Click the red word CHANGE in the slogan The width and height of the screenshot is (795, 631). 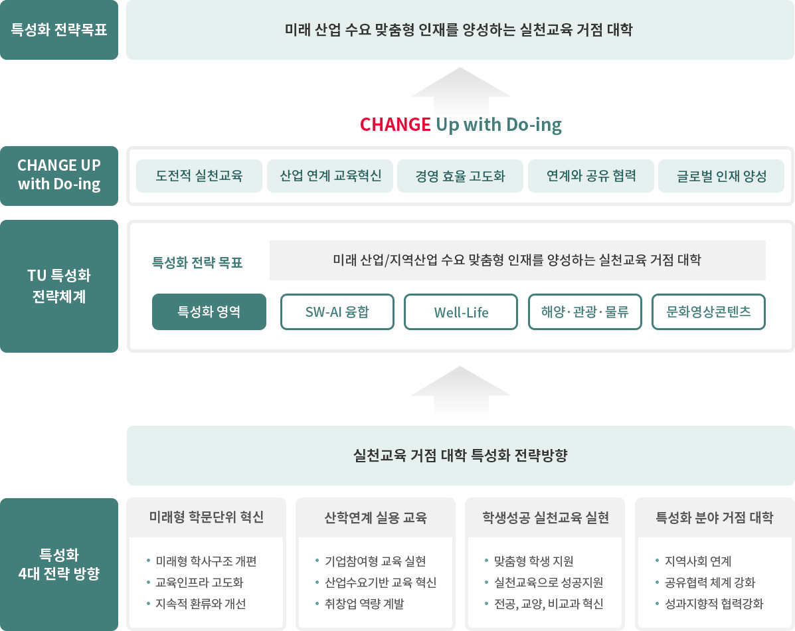(x=395, y=125)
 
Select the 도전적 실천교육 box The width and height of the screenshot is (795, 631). (x=199, y=176)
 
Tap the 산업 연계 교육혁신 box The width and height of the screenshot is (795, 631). (x=330, y=176)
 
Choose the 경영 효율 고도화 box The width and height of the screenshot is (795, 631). (x=460, y=176)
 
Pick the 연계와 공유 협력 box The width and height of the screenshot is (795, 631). (x=591, y=176)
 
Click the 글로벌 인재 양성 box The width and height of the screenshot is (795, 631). (x=721, y=176)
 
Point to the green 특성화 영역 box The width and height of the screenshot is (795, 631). (x=209, y=312)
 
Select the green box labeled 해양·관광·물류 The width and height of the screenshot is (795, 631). (x=584, y=312)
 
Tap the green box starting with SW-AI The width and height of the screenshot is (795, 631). (x=337, y=312)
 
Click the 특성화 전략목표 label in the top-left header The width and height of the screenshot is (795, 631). (x=59, y=30)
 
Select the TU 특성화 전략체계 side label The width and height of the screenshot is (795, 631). (x=59, y=286)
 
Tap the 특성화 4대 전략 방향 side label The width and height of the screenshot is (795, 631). (x=59, y=564)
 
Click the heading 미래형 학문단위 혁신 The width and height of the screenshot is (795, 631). (x=207, y=517)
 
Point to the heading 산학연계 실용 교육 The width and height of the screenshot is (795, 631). (x=376, y=517)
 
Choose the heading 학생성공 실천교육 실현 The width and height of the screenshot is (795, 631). (x=545, y=517)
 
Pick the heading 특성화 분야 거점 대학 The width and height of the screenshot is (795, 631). (x=715, y=517)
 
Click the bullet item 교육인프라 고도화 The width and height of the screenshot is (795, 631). (x=199, y=583)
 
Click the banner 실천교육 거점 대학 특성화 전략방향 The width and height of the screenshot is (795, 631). (x=460, y=456)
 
